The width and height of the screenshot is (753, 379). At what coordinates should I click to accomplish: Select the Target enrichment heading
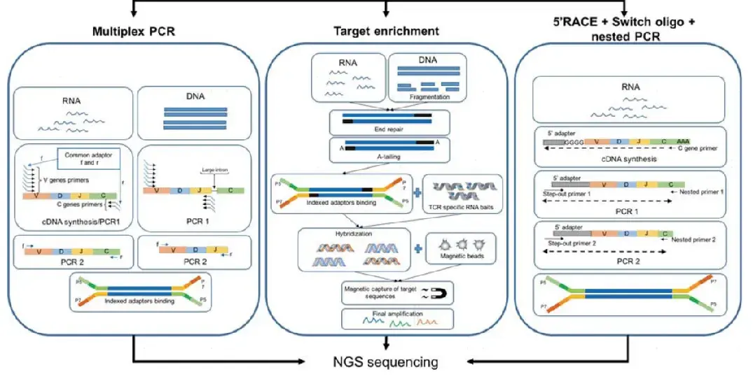385,31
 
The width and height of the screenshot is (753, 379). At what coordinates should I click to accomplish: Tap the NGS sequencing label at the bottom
385,362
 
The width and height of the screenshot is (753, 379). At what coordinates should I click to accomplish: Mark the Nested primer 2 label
698,239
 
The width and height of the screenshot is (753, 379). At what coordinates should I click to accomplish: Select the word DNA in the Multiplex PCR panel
195,96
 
